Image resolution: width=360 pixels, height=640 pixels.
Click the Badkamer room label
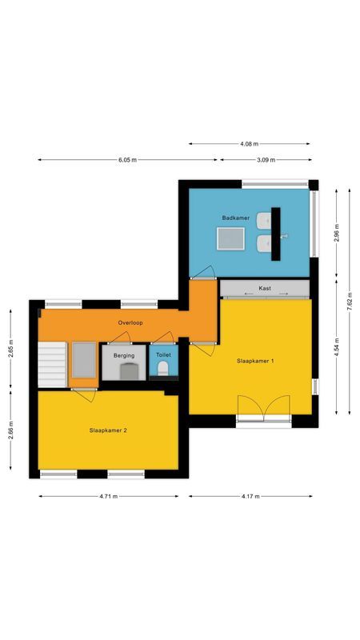click(x=236, y=218)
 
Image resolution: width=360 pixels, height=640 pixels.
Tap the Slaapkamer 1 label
click(x=255, y=361)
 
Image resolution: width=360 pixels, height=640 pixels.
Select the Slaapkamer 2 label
click(x=108, y=430)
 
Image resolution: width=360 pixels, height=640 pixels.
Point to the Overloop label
click(x=130, y=323)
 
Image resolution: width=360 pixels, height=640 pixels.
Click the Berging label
click(x=124, y=354)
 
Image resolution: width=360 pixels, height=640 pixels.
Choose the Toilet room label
click(x=163, y=354)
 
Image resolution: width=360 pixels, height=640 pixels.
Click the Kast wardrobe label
click(x=264, y=288)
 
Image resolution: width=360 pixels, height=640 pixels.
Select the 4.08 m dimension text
click(x=250, y=144)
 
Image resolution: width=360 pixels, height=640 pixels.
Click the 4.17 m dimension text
click(x=250, y=496)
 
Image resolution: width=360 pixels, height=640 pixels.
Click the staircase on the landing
click(x=53, y=363)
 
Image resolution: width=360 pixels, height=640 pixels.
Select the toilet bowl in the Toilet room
click(x=163, y=368)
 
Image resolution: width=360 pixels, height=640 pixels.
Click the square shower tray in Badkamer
click(x=232, y=238)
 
